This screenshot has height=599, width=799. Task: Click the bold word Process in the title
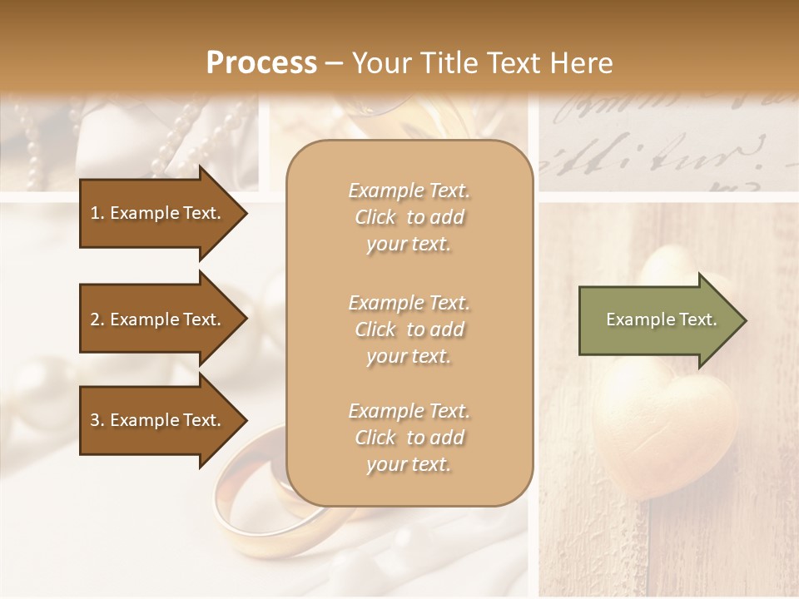tap(261, 63)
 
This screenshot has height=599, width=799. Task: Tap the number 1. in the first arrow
tap(97, 213)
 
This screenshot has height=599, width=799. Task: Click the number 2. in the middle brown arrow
tap(97, 319)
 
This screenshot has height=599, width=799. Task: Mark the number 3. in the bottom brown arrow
tap(97, 420)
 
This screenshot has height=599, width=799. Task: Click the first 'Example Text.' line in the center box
tap(409, 191)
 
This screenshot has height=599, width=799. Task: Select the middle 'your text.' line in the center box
tap(409, 356)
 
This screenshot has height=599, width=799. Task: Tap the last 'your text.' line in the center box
tap(409, 464)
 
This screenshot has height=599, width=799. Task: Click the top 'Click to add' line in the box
tap(409, 217)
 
